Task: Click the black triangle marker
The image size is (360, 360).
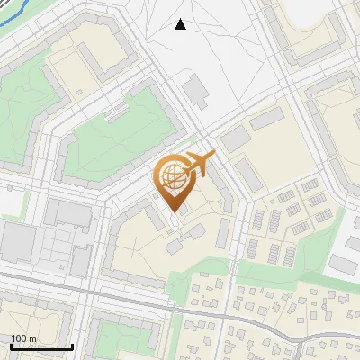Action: (181, 24)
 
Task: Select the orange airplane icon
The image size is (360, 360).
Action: (201, 165)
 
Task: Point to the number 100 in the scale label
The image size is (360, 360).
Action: (18, 338)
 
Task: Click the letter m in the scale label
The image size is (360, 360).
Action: (33, 338)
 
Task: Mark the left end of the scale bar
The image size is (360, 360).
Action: (10, 346)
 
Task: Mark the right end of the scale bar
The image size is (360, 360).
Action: (72, 346)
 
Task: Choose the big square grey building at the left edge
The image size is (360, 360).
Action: (17, 243)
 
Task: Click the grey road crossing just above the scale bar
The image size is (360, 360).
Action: (85, 298)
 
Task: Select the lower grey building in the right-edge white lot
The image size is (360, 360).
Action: (342, 264)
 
